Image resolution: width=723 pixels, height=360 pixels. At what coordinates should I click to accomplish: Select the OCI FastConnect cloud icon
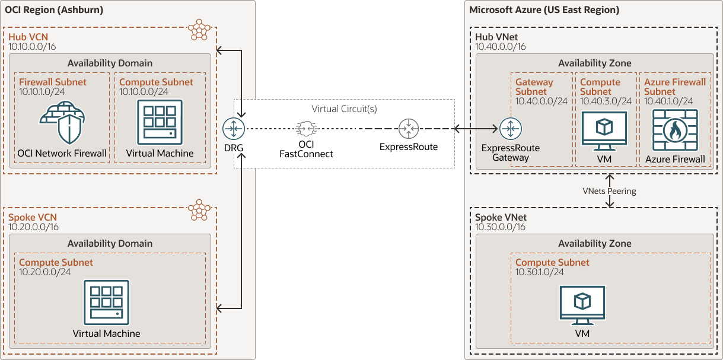coord(306,128)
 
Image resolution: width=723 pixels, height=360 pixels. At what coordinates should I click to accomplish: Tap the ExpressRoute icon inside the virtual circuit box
coord(408,128)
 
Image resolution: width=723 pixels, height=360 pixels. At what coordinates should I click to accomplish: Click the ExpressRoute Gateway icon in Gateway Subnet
coord(510,128)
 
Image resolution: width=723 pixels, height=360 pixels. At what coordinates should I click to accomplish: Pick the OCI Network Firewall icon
coord(62,123)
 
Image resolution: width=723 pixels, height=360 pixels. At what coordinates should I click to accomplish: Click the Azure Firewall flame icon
coord(674,130)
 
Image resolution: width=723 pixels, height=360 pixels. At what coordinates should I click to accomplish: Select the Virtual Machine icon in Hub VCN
coord(160,122)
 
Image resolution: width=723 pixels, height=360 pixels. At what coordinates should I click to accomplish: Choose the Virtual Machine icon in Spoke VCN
coord(106,302)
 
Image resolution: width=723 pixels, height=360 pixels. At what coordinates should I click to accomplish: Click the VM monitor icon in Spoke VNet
coord(582,305)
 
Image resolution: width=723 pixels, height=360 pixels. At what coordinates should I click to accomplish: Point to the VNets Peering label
coord(609,191)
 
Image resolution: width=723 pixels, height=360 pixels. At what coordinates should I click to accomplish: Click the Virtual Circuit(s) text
coord(344,109)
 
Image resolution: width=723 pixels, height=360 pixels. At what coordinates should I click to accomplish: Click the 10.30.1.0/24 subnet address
coord(540,272)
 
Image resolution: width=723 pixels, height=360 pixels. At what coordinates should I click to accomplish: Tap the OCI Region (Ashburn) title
coord(54,9)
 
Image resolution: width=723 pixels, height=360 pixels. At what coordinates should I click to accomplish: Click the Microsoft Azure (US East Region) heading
coord(544,9)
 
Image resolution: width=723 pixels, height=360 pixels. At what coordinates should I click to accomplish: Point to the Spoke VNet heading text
coord(501,218)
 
